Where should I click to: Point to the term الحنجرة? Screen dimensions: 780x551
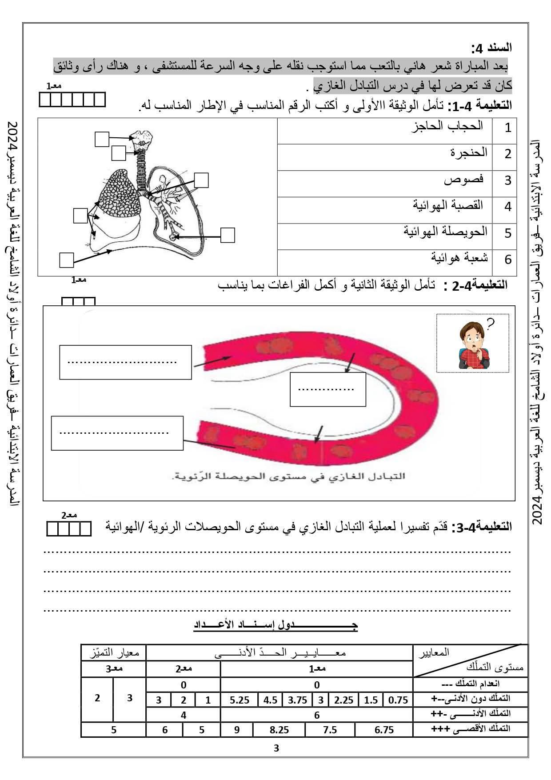click(469, 153)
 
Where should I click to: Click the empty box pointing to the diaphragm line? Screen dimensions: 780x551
click(66, 260)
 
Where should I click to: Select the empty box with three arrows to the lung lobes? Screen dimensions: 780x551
click(80, 216)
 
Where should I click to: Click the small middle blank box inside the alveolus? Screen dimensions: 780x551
click(327, 389)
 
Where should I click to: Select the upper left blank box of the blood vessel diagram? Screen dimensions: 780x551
click(125, 362)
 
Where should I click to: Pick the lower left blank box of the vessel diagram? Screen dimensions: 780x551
click(117, 433)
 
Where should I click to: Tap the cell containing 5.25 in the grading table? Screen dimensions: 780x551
click(240, 700)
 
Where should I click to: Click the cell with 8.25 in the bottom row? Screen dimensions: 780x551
click(279, 729)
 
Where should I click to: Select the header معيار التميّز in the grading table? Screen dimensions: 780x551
click(113, 652)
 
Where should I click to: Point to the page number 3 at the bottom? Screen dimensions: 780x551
click(276, 748)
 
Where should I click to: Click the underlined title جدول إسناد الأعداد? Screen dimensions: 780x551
click(275, 624)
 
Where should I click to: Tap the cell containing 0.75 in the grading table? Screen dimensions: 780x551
click(398, 700)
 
